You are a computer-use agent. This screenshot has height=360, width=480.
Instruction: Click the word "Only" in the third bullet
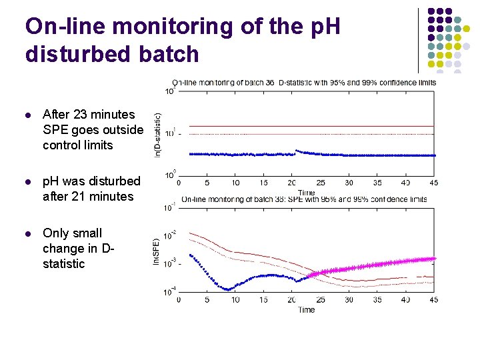pyautogui.click(x=57, y=233)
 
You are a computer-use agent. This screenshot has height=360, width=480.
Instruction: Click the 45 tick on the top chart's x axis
pyautogui.click(x=434, y=183)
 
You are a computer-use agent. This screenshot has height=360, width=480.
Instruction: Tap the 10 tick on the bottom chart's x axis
pyautogui.click(x=235, y=300)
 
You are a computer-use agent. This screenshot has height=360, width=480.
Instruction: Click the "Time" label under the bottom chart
pyautogui.click(x=307, y=309)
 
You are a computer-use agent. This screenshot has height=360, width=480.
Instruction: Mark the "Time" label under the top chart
pyautogui.click(x=307, y=191)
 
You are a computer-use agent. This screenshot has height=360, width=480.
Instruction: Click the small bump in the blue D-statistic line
pyautogui.click(x=297, y=151)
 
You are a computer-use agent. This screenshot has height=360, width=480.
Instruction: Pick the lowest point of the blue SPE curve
pyautogui.click(x=228, y=289)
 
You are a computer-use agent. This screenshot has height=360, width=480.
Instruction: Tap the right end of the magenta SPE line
pyautogui.click(x=434, y=258)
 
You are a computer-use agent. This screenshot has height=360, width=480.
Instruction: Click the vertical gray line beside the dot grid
pyautogui.click(x=418, y=40)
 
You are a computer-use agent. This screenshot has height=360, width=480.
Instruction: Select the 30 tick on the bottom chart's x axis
pyautogui.click(x=349, y=300)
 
